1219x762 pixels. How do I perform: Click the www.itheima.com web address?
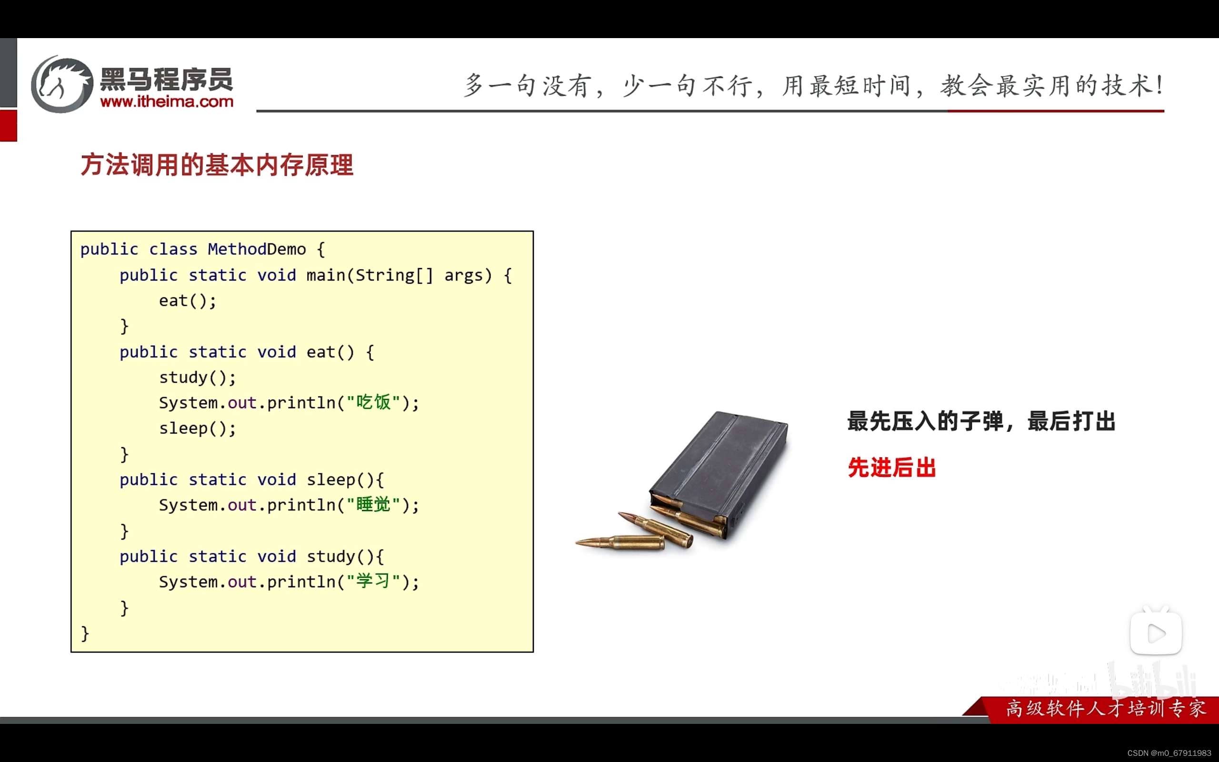[167, 102]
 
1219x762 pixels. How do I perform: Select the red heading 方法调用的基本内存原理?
[217, 165]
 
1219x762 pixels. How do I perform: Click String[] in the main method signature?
[394, 275]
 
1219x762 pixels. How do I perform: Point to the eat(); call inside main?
[188, 301]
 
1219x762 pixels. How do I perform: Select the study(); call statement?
[197, 378]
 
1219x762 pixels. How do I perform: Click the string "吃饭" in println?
[373, 403]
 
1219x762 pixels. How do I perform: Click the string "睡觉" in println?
[373, 505]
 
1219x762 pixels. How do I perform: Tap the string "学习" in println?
[373, 582]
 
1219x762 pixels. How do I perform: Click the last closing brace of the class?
[85, 633]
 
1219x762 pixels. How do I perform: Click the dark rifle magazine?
[720, 469]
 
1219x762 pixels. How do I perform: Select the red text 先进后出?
[891, 468]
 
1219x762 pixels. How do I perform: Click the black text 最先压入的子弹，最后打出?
[981, 421]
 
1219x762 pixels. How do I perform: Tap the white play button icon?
[1156, 633]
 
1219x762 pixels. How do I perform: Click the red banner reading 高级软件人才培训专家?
[1105, 709]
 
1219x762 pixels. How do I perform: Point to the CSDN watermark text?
[1169, 753]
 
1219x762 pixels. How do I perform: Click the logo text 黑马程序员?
[167, 80]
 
